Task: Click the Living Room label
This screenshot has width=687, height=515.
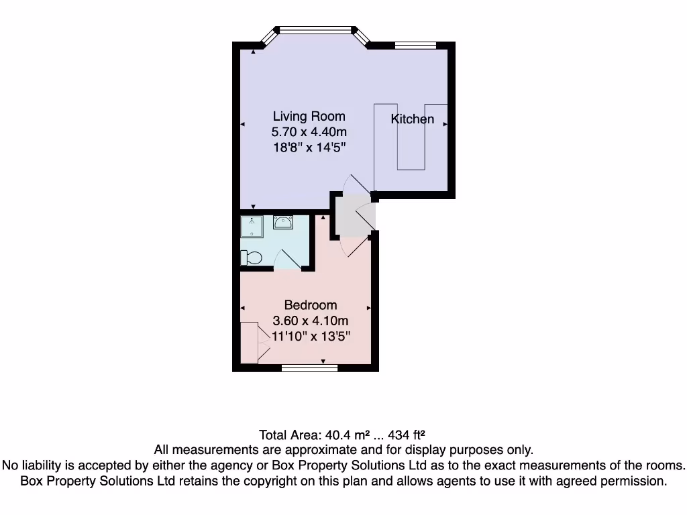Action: click(309, 117)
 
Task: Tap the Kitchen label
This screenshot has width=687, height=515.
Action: click(413, 119)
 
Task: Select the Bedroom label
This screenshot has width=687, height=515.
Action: click(310, 306)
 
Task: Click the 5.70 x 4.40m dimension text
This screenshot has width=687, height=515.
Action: click(309, 131)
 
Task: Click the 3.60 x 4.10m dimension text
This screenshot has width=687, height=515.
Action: click(310, 321)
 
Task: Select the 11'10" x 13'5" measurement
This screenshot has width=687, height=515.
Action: click(310, 335)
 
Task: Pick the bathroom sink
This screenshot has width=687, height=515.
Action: click(283, 223)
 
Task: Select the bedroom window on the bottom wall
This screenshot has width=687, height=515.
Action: click(300, 367)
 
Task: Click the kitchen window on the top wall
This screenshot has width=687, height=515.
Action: click(415, 46)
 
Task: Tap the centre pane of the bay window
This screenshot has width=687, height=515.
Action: click(315, 30)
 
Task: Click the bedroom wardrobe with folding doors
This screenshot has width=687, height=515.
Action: click(250, 343)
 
